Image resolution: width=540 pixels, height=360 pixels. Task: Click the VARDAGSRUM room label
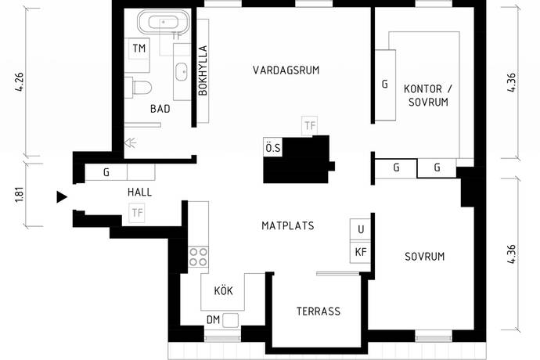[286, 70]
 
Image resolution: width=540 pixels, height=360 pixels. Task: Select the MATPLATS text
[287, 226]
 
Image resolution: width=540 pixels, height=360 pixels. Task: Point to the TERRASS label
[318, 311]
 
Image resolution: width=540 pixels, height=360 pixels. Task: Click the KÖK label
[223, 291]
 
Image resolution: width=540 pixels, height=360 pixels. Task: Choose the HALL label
[139, 192]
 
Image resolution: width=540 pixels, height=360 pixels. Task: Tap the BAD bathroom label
[160, 110]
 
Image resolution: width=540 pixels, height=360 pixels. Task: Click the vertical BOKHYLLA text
[202, 70]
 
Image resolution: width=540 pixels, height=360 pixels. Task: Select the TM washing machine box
[139, 49]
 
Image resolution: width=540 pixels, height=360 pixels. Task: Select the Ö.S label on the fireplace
[272, 146]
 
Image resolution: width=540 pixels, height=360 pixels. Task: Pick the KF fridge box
[360, 252]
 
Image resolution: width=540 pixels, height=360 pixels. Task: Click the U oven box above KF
[360, 230]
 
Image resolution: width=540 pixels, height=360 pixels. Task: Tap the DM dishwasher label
[213, 319]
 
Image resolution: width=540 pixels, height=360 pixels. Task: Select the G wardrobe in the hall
[106, 173]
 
